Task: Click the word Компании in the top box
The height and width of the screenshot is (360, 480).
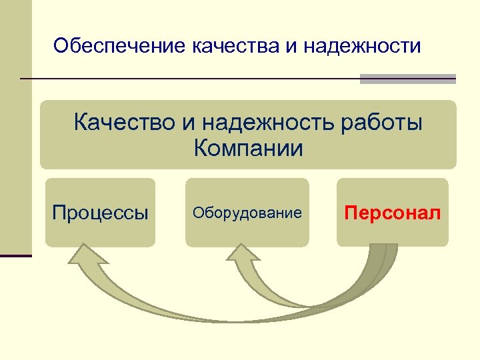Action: [x=248, y=148]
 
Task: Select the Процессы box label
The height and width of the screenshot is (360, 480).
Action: [x=100, y=213]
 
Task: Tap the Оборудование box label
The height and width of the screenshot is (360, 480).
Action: [x=247, y=213]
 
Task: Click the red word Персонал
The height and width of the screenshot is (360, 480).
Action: [x=393, y=213]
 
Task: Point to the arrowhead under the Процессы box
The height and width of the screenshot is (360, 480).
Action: [x=82, y=257]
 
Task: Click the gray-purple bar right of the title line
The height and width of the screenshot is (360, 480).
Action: [x=407, y=79]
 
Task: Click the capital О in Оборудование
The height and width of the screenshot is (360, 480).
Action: [x=197, y=213]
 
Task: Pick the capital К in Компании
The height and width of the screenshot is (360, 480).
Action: [x=201, y=148]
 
